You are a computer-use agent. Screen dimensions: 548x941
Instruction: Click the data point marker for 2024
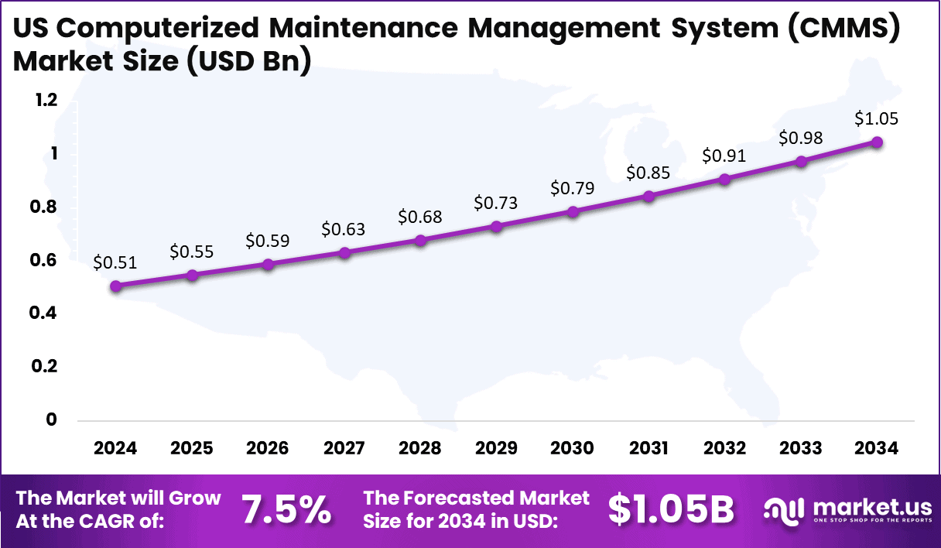(116, 286)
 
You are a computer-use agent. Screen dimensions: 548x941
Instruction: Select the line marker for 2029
(497, 226)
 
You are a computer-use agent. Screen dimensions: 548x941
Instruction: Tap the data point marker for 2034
(877, 142)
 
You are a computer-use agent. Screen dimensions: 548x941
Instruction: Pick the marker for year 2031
(648, 196)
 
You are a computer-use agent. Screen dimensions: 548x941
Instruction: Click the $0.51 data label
(115, 262)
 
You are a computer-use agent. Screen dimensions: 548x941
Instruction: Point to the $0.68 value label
(420, 217)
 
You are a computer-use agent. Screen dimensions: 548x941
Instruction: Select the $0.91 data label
(724, 156)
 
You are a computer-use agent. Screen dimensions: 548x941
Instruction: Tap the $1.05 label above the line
(876, 119)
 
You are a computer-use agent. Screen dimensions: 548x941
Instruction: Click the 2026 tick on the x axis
(268, 449)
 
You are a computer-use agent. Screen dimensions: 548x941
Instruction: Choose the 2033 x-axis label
(801, 449)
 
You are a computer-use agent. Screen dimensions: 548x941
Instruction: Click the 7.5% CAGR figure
(286, 509)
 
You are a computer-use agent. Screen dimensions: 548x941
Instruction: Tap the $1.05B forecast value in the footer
(670, 509)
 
